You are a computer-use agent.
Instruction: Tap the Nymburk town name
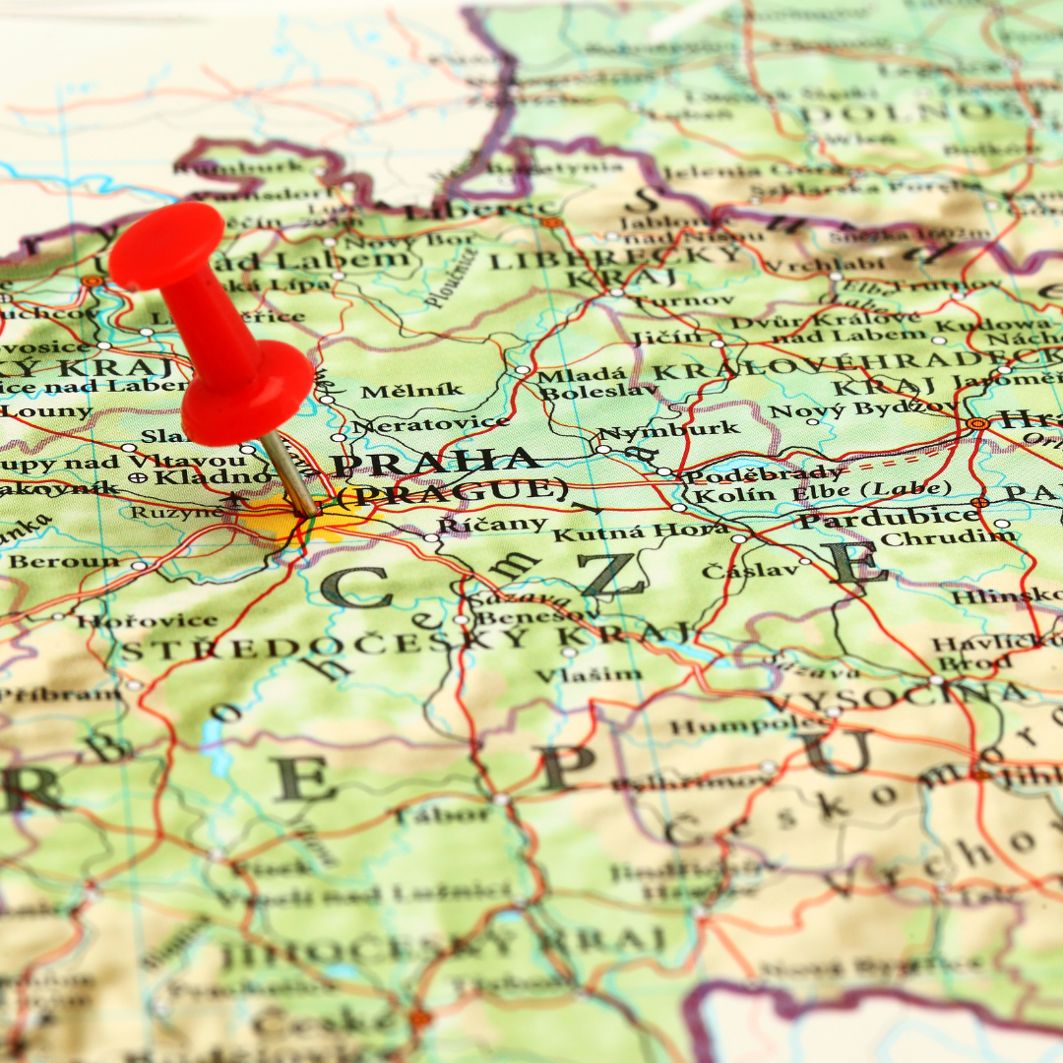[x=668, y=430]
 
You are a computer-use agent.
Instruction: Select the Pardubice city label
[x=887, y=516]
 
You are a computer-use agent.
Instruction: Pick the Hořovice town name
[x=147, y=620]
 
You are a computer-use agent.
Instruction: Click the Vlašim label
[x=588, y=675]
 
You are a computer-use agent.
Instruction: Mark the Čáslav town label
[x=736, y=570]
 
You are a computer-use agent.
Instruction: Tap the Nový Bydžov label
[x=862, y=407]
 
